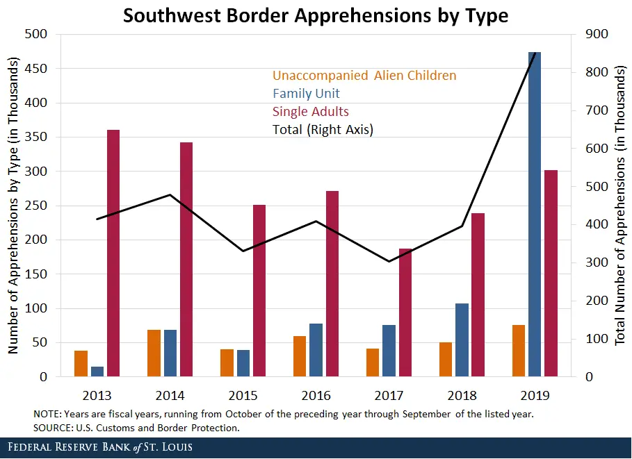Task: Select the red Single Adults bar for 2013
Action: [x=113, y=253]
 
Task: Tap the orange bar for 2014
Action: [x=154, y=353]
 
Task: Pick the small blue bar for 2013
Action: [x=97, y=372]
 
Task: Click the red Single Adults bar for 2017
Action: [x=405, y=312]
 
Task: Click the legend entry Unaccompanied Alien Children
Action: [x=364, y=76]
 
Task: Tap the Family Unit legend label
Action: [x=306, y=94]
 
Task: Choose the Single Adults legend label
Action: [x=311, y=112]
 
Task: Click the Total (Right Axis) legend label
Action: [x=323, y=130]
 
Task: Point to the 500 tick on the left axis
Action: [x=37, y=34]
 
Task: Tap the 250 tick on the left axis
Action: [x=37, y=206]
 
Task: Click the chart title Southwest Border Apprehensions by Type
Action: [x=316, y=15]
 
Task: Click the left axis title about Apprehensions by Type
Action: [x=13, y=205]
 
